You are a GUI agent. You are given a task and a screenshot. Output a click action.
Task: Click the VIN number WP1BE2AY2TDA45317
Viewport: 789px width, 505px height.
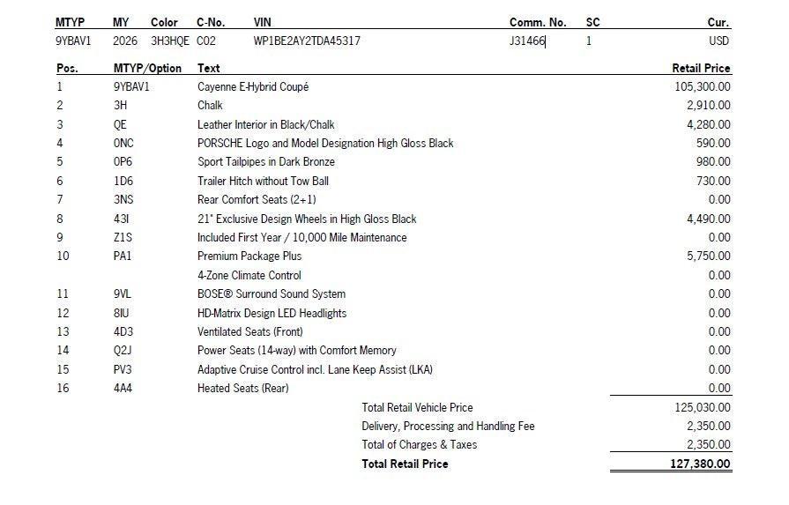click(x=306, y=41)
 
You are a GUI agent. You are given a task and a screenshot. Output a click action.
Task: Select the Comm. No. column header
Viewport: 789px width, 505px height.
click(x=537, y=22)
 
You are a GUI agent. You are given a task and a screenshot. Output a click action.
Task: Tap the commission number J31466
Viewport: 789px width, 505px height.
click(x=527, y=41)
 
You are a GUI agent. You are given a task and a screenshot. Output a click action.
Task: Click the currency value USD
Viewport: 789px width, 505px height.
click(x=718, y=41)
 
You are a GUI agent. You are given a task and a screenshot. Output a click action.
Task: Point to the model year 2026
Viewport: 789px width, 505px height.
click(x=125, y=41)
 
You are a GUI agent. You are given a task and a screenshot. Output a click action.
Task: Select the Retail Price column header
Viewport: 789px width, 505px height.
click(x=701, y=68)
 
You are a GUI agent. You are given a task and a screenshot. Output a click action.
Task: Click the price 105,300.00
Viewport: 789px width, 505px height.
click(x=702, y=86)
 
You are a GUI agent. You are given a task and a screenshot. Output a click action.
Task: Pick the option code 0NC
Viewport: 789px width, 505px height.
click(x=123, y=143)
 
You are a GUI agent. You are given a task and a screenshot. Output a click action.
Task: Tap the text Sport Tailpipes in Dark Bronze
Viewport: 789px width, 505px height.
click(x=265, y=161)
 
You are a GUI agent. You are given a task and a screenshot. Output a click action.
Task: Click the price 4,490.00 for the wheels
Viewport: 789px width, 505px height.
click(x=708, y=219)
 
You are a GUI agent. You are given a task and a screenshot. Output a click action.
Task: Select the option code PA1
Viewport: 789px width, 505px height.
click(x=123, y=256)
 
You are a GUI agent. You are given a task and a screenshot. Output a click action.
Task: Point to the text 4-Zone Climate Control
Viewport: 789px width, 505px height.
click(x=249, y=275)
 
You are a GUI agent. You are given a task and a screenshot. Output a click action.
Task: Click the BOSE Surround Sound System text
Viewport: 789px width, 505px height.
click(x=271, y=293)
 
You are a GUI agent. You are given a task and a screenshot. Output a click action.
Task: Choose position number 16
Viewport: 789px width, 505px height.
click(x=63, y=388)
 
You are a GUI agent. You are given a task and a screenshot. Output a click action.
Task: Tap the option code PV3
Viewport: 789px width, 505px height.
click(x=123, y=369)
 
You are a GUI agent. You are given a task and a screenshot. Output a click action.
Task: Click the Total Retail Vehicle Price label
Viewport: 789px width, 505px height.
click(x=417, y=407)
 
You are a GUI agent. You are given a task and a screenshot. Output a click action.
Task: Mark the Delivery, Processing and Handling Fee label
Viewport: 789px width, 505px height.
click(x=448, y=426)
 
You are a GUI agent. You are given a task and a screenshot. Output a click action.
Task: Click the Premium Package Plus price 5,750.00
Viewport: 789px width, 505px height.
click(x=708, y=256)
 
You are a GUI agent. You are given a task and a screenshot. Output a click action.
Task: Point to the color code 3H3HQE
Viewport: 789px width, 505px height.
click(x=169, y=41)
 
